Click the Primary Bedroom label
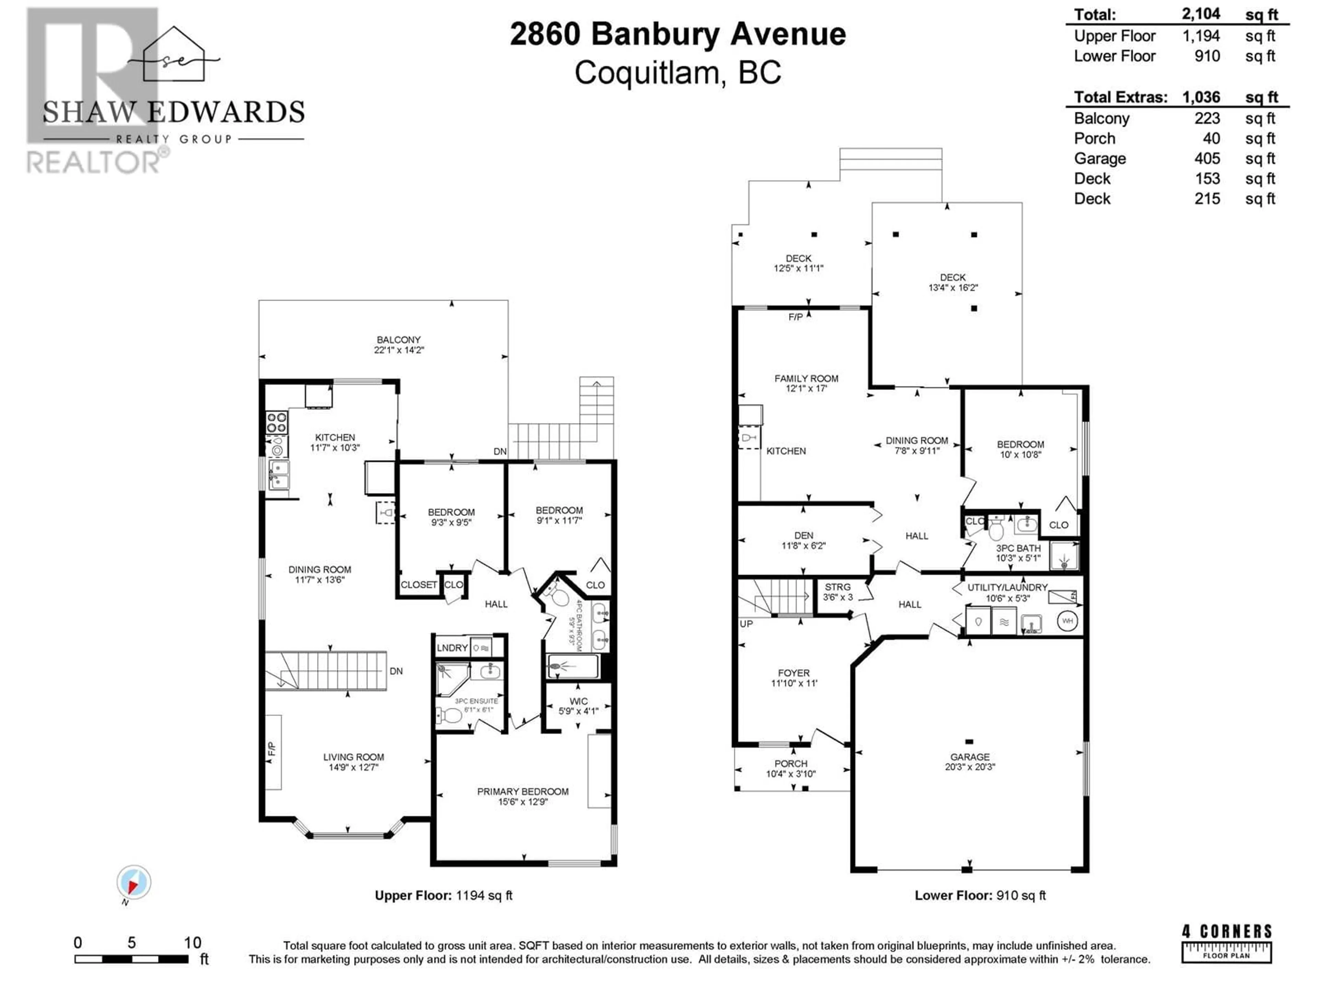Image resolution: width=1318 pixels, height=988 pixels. coord(522,791)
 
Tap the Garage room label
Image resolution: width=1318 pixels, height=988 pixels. coord(970,757)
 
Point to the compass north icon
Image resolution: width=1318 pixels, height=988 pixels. coord(134,883)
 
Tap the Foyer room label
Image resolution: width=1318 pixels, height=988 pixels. coord(794,673)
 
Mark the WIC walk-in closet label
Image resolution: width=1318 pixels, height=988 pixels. coord(579,702)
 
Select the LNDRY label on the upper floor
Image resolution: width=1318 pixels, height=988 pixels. coord(452,648)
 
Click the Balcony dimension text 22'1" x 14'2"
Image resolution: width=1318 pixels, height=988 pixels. coord(398,350)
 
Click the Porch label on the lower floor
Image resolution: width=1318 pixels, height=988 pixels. coord(791,764)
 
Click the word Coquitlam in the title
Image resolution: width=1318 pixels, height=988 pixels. coord(648,73)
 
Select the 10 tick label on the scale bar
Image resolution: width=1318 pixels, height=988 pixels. coord(193,943)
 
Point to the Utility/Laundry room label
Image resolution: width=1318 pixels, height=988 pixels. coord(1007,587)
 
